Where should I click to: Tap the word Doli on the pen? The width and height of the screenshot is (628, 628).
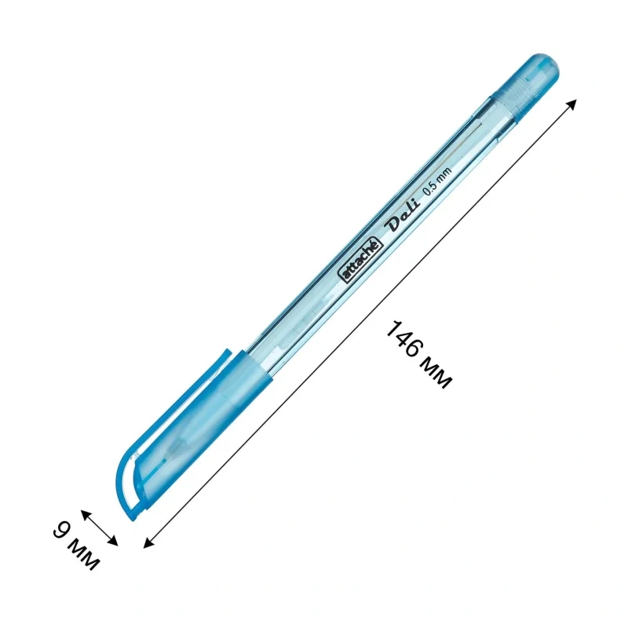[x=403, y=214]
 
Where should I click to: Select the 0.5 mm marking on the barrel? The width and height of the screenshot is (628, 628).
[x=438, y=181]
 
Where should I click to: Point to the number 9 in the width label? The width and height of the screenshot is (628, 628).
[x=62, y=530]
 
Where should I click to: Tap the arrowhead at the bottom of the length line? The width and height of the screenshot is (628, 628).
[x=148, y=542]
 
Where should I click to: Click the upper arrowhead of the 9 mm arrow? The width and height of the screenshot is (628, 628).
[x=86, y=514]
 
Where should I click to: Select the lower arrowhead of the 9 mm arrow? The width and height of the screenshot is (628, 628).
[x=113, y=541]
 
